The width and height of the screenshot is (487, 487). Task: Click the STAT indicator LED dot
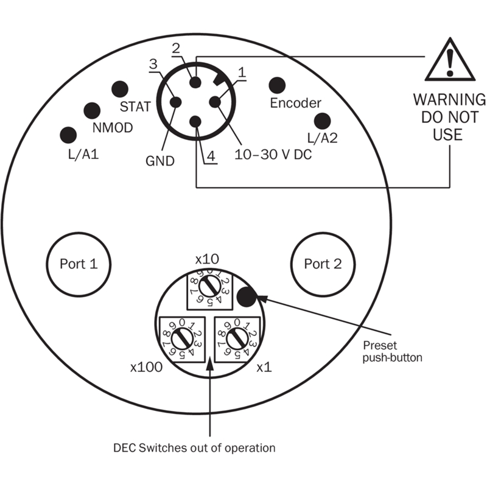[x=120, y=89]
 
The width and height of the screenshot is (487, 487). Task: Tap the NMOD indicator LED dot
[x=92, y=111]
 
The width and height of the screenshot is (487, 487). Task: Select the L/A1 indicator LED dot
[x=68, y=135]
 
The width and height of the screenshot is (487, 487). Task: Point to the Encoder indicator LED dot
[x=277, y=85]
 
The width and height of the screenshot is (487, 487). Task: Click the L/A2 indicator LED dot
[x=323, y=121]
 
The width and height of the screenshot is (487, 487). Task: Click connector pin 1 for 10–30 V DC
[x=215, y=102]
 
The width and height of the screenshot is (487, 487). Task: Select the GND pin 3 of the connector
[x=175, y=102]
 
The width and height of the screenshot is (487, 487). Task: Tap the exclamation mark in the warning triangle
[x=450, y=63]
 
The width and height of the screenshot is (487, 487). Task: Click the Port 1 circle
[x=79, y=264]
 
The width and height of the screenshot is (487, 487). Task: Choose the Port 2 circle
[x=323, y=264]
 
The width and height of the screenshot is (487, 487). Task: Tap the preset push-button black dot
[x=247, y=297]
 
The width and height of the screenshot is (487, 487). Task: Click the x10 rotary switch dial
[x=209, y=287]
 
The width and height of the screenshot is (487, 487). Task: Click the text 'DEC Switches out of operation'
[x=194, y=448]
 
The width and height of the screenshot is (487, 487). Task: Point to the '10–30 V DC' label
[x=273, y=155]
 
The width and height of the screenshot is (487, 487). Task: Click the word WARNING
[x=449, y=100]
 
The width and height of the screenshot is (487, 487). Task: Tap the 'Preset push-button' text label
[x=392, y=352]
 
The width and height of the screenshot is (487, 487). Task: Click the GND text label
[x=160, y=161]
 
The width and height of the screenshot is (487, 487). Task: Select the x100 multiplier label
[x=146, y=367]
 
